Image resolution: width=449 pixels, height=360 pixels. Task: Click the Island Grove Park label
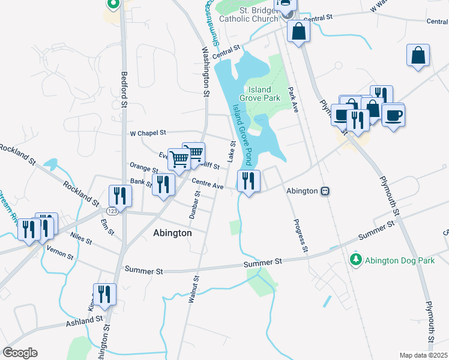pos(260,93)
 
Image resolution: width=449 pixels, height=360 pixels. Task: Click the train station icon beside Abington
pos(325,191)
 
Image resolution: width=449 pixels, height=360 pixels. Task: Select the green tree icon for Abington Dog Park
pos(356,259)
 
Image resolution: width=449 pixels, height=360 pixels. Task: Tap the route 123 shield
pos(112,211)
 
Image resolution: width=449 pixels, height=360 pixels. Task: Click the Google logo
pos(20,353)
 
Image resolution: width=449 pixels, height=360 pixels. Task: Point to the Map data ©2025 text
pos(423,355)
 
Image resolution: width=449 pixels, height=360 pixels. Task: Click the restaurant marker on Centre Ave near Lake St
pos(249,181)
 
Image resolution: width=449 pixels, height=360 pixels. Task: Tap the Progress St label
pos(300,236)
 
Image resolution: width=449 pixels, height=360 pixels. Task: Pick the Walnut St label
pos(193,289)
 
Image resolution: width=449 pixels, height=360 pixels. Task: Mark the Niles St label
pos(80,238)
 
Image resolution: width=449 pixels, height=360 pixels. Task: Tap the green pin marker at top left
pos(112,4)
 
